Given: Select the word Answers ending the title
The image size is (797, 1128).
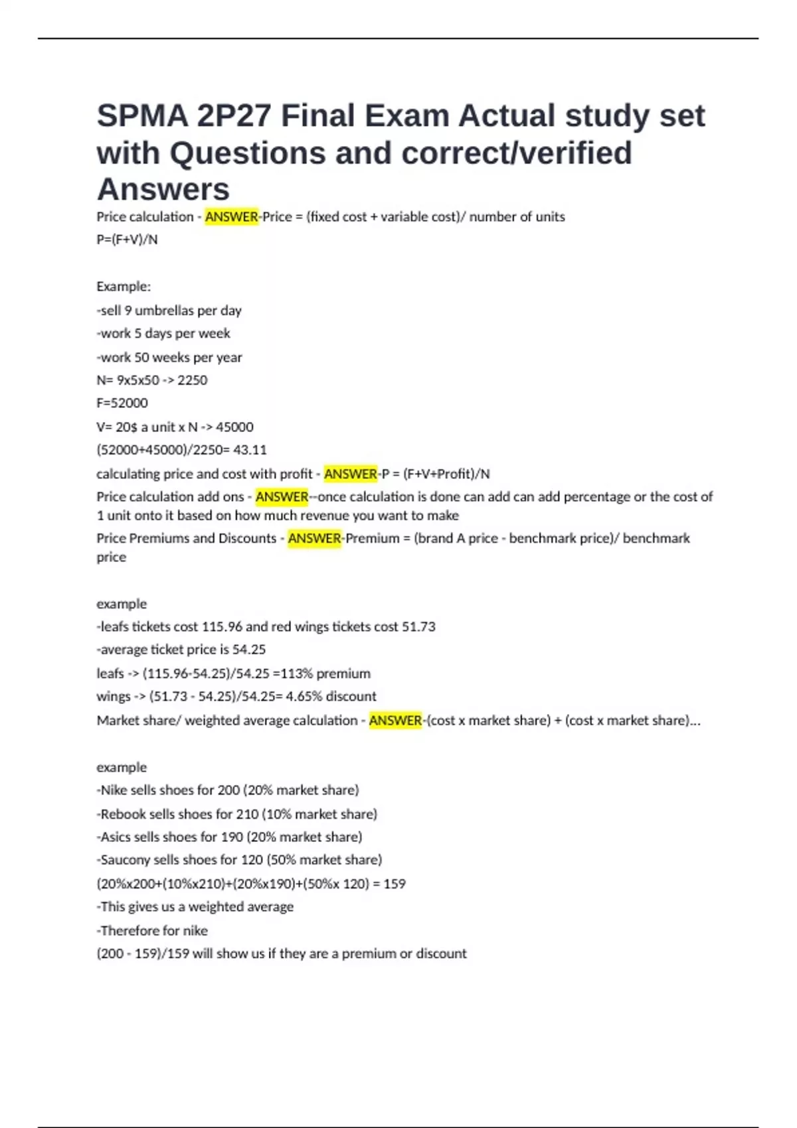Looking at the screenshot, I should point(163,190).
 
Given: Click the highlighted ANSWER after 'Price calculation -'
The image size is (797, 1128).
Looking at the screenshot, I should point(231,217).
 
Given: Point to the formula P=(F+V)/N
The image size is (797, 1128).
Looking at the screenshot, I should point(127,240).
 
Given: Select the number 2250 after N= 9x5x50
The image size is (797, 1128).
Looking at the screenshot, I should point(192,380).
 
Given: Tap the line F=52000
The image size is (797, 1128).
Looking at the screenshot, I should point(122,403).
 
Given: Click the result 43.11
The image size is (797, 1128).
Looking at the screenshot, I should point(250,450).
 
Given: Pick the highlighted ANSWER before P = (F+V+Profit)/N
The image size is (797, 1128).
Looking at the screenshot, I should point(350,474).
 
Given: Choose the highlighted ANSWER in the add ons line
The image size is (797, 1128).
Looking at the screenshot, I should point(282,497).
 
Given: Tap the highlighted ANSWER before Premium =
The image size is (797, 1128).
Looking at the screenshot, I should point(314,538).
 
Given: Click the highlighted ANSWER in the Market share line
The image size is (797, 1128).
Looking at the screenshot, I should point(395,721).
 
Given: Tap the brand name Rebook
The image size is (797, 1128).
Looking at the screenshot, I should point(123,814).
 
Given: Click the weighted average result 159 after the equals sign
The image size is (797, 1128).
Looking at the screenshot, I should point(395,884).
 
